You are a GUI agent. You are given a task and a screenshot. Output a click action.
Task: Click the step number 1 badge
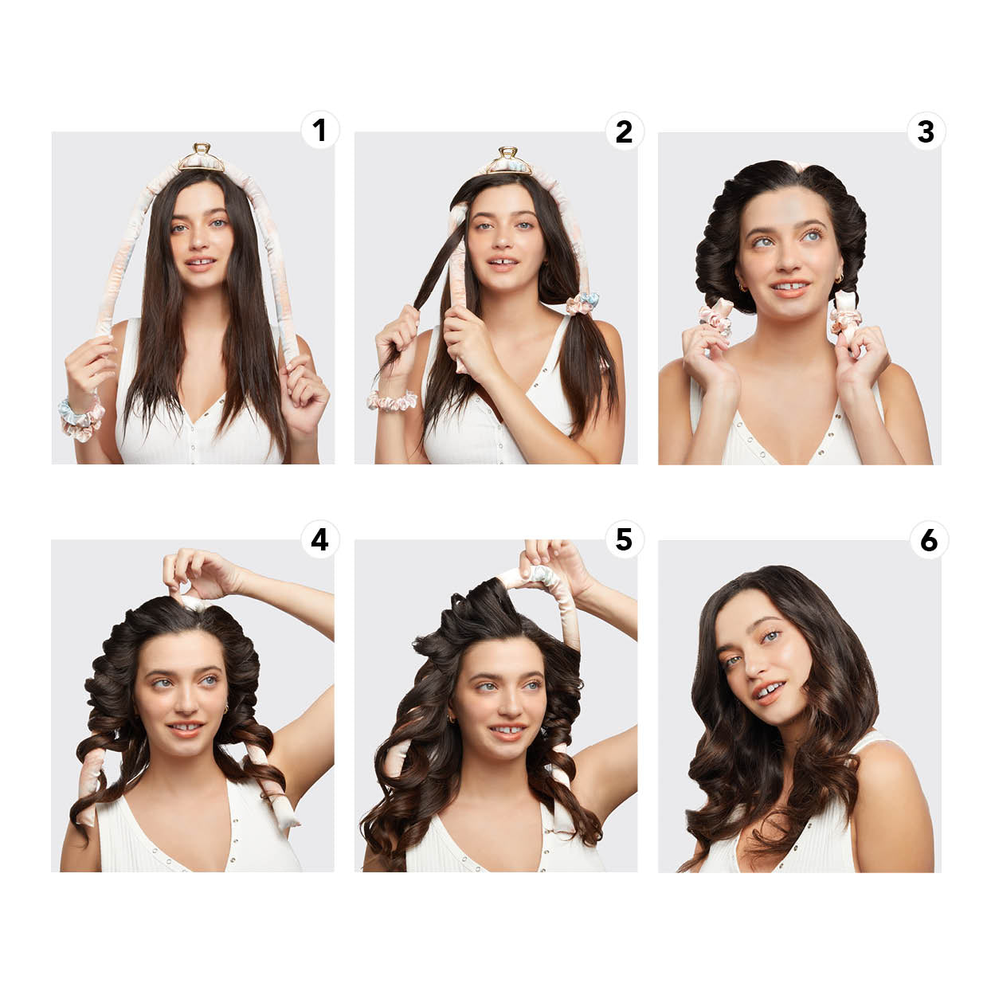[319, 131]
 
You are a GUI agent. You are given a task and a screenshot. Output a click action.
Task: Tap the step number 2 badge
[624, 131]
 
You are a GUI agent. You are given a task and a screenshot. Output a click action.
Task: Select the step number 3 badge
[926, 131]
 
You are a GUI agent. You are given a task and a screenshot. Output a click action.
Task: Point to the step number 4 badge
[319, 540]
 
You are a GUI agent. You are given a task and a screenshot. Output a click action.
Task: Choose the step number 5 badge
[624, 540]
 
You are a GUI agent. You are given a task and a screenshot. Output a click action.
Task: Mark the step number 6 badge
[928, 541]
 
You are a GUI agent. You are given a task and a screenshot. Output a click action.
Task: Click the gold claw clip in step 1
[196, 156]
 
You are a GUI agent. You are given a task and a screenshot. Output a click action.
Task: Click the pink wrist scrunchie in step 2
[392, 400]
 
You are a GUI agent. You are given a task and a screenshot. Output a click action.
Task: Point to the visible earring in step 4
[226, 708]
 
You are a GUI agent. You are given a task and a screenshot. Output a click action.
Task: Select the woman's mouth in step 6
[768, 691]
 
